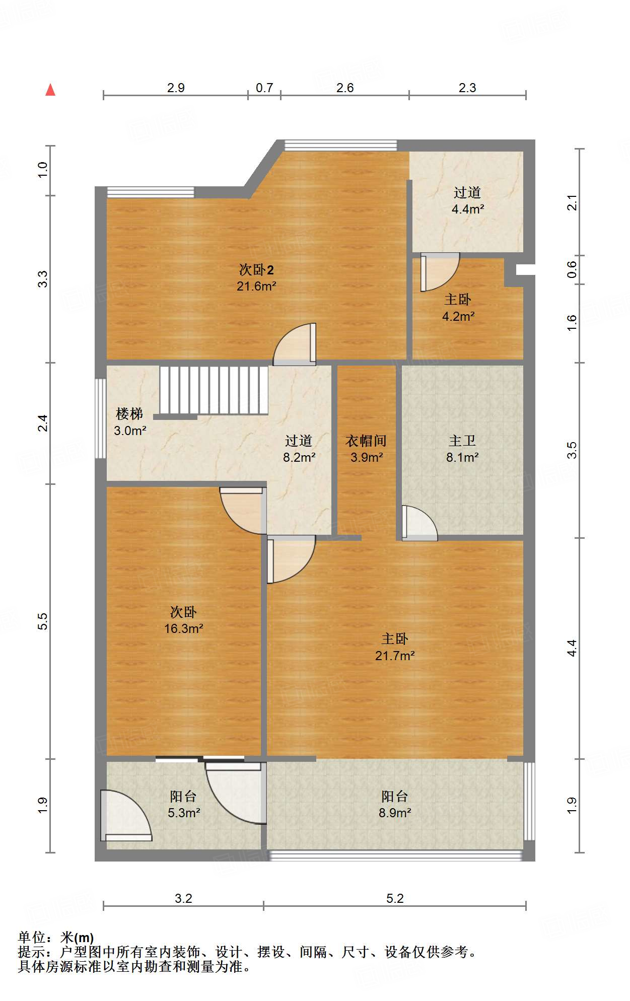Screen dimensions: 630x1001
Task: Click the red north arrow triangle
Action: click(50, 90)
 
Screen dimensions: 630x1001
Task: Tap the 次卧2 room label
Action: click(256, 270)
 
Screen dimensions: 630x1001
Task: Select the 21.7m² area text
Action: click(395, 656)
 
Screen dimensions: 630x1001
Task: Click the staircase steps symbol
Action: click(214, 390)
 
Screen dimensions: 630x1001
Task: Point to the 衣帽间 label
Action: click(366, 441)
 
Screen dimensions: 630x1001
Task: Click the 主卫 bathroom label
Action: click(462, 441)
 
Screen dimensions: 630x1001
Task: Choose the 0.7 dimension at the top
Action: click(264, 88)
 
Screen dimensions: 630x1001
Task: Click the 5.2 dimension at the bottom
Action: click(395, 898)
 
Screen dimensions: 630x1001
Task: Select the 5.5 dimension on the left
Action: click(43, 621)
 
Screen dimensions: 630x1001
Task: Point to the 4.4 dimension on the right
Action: click(572, 648)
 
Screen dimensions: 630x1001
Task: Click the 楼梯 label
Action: click(129, 414)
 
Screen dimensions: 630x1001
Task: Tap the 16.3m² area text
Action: click(184, 628)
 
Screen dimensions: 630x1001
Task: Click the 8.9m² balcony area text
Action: click(395, 813)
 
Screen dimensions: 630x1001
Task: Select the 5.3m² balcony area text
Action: click(184, 813)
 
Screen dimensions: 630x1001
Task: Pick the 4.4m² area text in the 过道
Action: click(468, 209)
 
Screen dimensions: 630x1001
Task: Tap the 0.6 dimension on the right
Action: click(572, 270)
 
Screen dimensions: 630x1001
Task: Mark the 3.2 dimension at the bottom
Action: click(183, 898)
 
